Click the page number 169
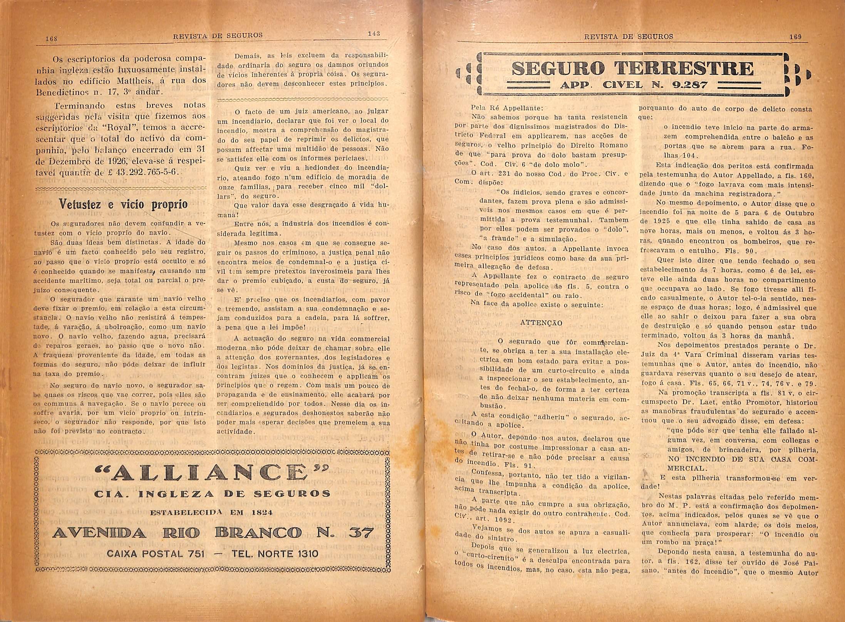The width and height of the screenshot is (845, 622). (x=795, y=37)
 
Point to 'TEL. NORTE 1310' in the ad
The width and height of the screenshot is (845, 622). (x=275, y=554)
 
